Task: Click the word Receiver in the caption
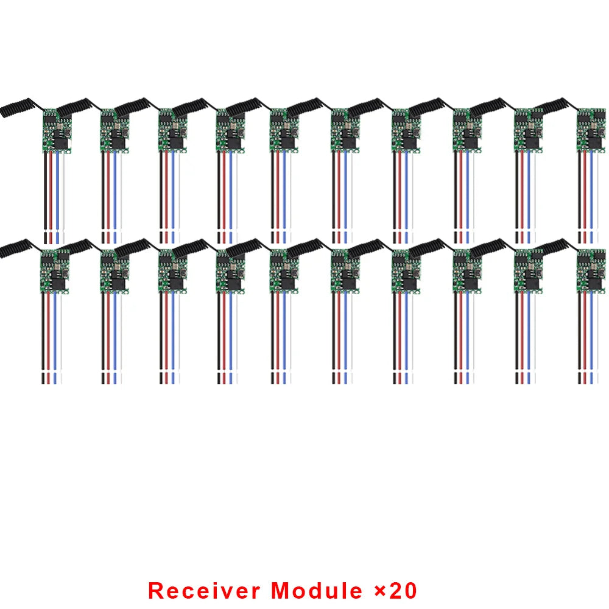tap(204, 590)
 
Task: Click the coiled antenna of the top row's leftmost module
tap(15, 107)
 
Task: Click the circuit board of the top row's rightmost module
tap(591, 130)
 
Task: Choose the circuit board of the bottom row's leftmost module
tap(55, 271)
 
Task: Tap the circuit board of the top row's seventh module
tap(406, 130)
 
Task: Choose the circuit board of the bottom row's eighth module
tap(467, 271)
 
